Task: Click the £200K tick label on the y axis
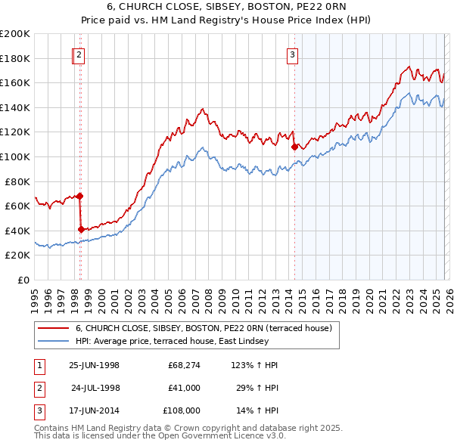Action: tap(15, 34)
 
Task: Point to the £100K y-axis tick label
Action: tap(15, 156)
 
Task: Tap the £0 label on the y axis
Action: tap(23, 280)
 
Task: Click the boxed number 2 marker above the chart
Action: tap(79, 54)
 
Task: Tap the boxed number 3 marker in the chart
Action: tap(293, 54)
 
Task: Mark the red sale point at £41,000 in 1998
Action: tap(81, 229)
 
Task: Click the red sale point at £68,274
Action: tap(80, 196)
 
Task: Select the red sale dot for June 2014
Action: tap(294, 147)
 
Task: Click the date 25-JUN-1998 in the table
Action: tap(94, 365)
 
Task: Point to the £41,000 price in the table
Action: tap(183, 388)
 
